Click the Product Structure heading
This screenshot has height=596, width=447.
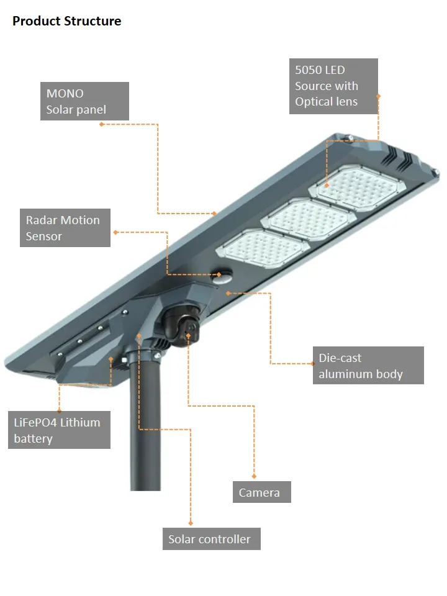[x=67, y=21]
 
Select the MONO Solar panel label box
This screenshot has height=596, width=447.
[x=85, y=101]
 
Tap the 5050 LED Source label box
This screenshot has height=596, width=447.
[x=333, y=86]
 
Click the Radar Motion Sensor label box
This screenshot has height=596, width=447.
[x=65, y=228]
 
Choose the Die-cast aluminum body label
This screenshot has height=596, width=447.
[x=368, y=365]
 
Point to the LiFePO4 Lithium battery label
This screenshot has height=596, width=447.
[x=60, y=430]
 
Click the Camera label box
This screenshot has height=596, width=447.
[x=262, y=492]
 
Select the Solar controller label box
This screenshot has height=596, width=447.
[x=211, y=539]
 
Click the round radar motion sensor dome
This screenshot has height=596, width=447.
[x=223, y=277]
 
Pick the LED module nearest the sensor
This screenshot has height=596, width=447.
[x=263, y=249]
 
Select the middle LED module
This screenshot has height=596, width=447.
[x=309, y=219]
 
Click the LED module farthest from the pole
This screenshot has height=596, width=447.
[x=358, y=188]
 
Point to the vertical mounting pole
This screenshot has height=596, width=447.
[x=145, y=422]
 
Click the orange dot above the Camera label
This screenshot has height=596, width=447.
[x=254, y=476]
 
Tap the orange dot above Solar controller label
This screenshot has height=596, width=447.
[x=191, y=523]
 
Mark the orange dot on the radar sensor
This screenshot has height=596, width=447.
[x=219, y=274]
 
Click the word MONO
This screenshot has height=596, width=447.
[x=65, y=93]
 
